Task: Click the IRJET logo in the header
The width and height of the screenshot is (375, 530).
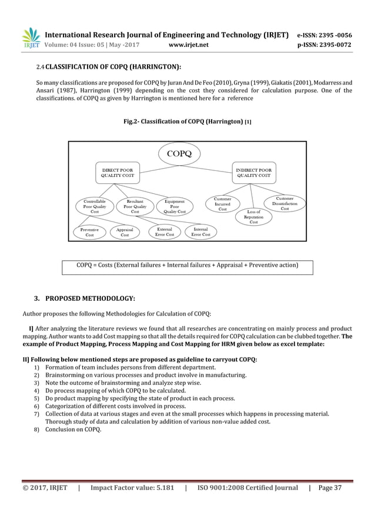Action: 31,38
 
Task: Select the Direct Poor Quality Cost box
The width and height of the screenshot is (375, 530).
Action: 118,172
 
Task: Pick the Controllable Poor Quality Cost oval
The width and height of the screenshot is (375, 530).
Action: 94,206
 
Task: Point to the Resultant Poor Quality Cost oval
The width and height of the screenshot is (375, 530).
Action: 135,206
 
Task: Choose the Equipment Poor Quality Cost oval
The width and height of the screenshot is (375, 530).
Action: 175,206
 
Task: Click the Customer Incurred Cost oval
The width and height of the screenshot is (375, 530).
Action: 222,204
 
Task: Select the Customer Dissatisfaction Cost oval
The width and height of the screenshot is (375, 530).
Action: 284,204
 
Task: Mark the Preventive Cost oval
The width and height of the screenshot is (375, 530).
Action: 90,232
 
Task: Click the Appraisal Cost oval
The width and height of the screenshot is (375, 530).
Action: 125,232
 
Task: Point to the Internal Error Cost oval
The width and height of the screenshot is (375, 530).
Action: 200,232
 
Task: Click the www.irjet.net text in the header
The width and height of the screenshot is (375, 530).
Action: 186,43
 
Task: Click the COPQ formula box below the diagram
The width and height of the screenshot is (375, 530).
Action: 187,266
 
